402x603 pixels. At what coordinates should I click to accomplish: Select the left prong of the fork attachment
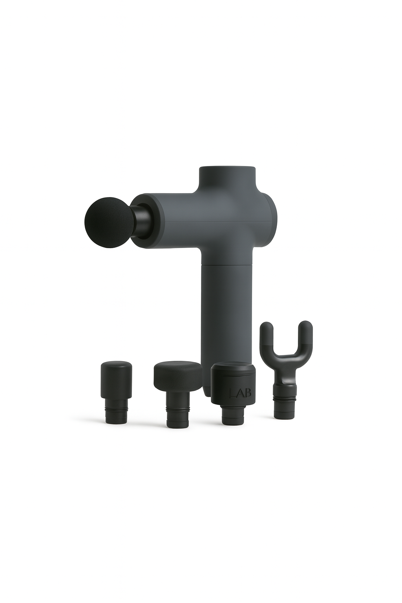click(267, 334)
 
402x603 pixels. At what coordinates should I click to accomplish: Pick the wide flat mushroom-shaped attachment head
click(177, 373)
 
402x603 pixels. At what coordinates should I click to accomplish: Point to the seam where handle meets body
click(227, 264)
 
